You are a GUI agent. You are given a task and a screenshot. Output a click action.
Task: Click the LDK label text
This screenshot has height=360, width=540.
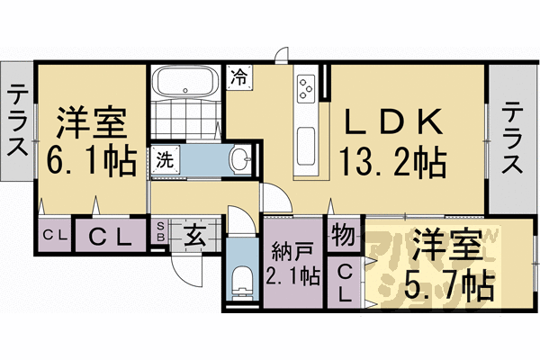(x=391, y=121)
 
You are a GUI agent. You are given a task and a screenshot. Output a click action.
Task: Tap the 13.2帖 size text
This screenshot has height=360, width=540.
(x=391, y=163)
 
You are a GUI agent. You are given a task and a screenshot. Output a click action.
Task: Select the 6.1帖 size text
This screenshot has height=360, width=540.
(x=91, y=161)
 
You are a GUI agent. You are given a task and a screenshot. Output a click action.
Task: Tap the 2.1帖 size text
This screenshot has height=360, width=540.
(x=292, y=274)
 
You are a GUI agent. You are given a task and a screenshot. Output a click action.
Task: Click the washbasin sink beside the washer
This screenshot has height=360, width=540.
(x=241, y=161)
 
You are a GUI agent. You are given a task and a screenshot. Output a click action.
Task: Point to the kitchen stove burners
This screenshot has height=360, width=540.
(x=305, y=87)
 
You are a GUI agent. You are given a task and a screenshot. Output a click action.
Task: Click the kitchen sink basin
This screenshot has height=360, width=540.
(x=305, y=144)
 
